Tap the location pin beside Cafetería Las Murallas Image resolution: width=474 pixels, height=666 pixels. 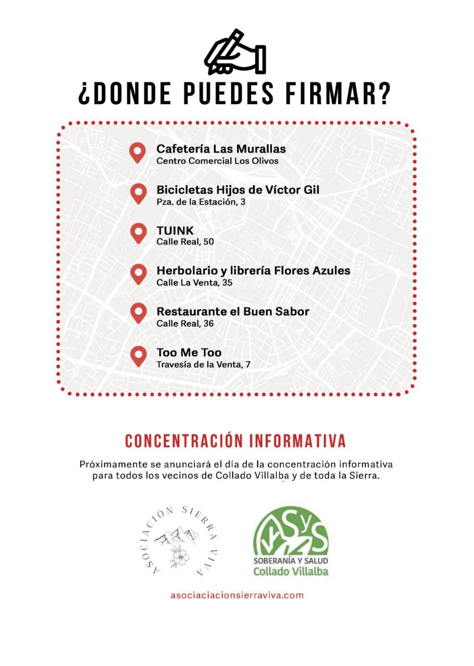138,152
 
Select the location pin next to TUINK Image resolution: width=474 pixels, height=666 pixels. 138,233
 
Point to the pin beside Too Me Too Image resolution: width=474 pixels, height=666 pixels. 138,356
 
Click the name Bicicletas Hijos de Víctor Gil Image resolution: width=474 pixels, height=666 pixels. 238,190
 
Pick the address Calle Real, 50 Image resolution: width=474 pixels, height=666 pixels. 185,242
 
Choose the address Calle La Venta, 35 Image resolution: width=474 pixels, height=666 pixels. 194,283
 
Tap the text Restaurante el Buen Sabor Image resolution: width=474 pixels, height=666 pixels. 232,312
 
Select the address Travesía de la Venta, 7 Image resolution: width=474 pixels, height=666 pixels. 203,364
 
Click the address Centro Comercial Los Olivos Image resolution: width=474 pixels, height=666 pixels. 217,161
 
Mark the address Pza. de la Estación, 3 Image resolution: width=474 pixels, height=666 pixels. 201,201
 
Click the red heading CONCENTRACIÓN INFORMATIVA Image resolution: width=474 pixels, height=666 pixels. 235,441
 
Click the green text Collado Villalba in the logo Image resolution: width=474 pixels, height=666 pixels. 291,572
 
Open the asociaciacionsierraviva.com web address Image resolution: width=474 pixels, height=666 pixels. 236,595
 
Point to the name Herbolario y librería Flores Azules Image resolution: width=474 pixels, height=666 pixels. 253,271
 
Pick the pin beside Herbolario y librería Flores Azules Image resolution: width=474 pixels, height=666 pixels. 138,274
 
